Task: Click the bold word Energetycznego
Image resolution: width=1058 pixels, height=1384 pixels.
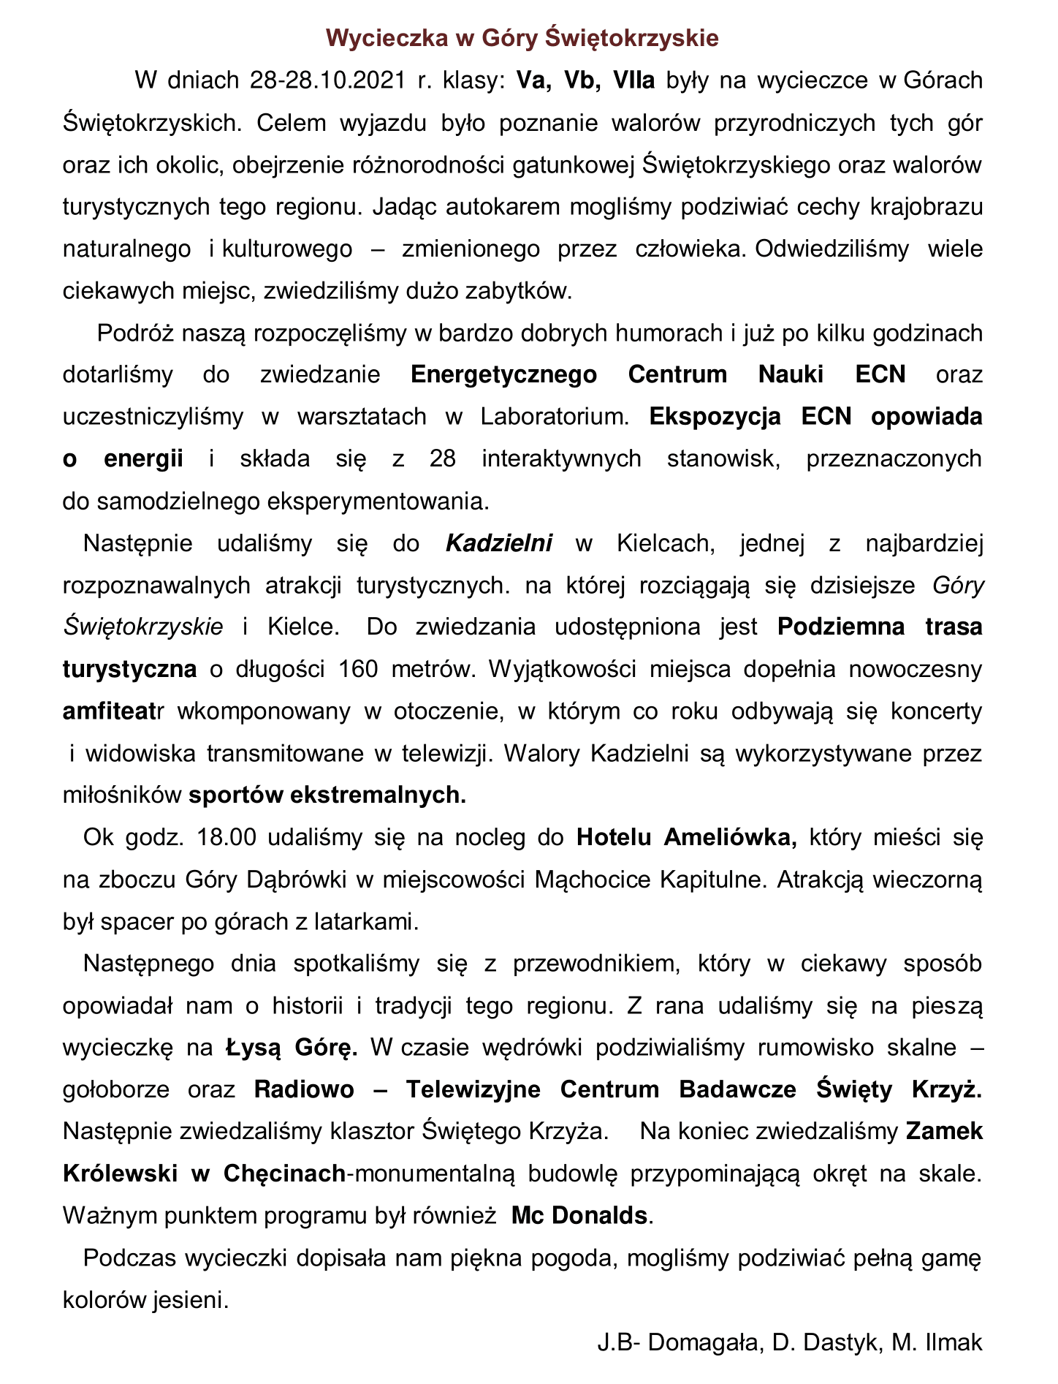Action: (x=503, y=375)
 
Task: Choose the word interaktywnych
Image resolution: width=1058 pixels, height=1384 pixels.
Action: (x=561, y=459)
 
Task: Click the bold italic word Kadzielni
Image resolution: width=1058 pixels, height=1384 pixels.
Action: (x=499, y=543)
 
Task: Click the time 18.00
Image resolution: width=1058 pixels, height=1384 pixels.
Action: (x=227, y=838)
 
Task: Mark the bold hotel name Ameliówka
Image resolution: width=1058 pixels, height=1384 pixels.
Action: (x=731, y=838)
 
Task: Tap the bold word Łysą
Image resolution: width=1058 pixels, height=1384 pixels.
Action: (x=252, y=1048)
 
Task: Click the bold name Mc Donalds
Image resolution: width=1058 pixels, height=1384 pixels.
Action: (x=579, y=1216)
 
